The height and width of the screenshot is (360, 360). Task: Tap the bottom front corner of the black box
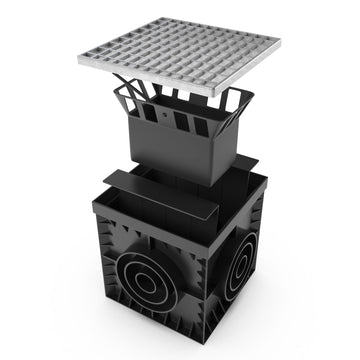[199, 352]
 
